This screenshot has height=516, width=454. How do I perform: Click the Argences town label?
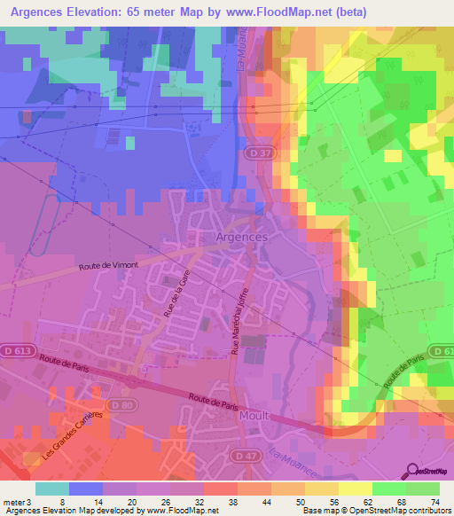point(241,238)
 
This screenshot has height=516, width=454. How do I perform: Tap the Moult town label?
point(254,415)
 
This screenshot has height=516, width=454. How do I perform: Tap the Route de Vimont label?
point(108,266)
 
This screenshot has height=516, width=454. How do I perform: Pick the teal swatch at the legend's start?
point(52,489)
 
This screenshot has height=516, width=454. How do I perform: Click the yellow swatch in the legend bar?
point(356,489)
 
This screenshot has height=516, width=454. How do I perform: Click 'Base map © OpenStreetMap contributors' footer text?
point(372,511)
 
